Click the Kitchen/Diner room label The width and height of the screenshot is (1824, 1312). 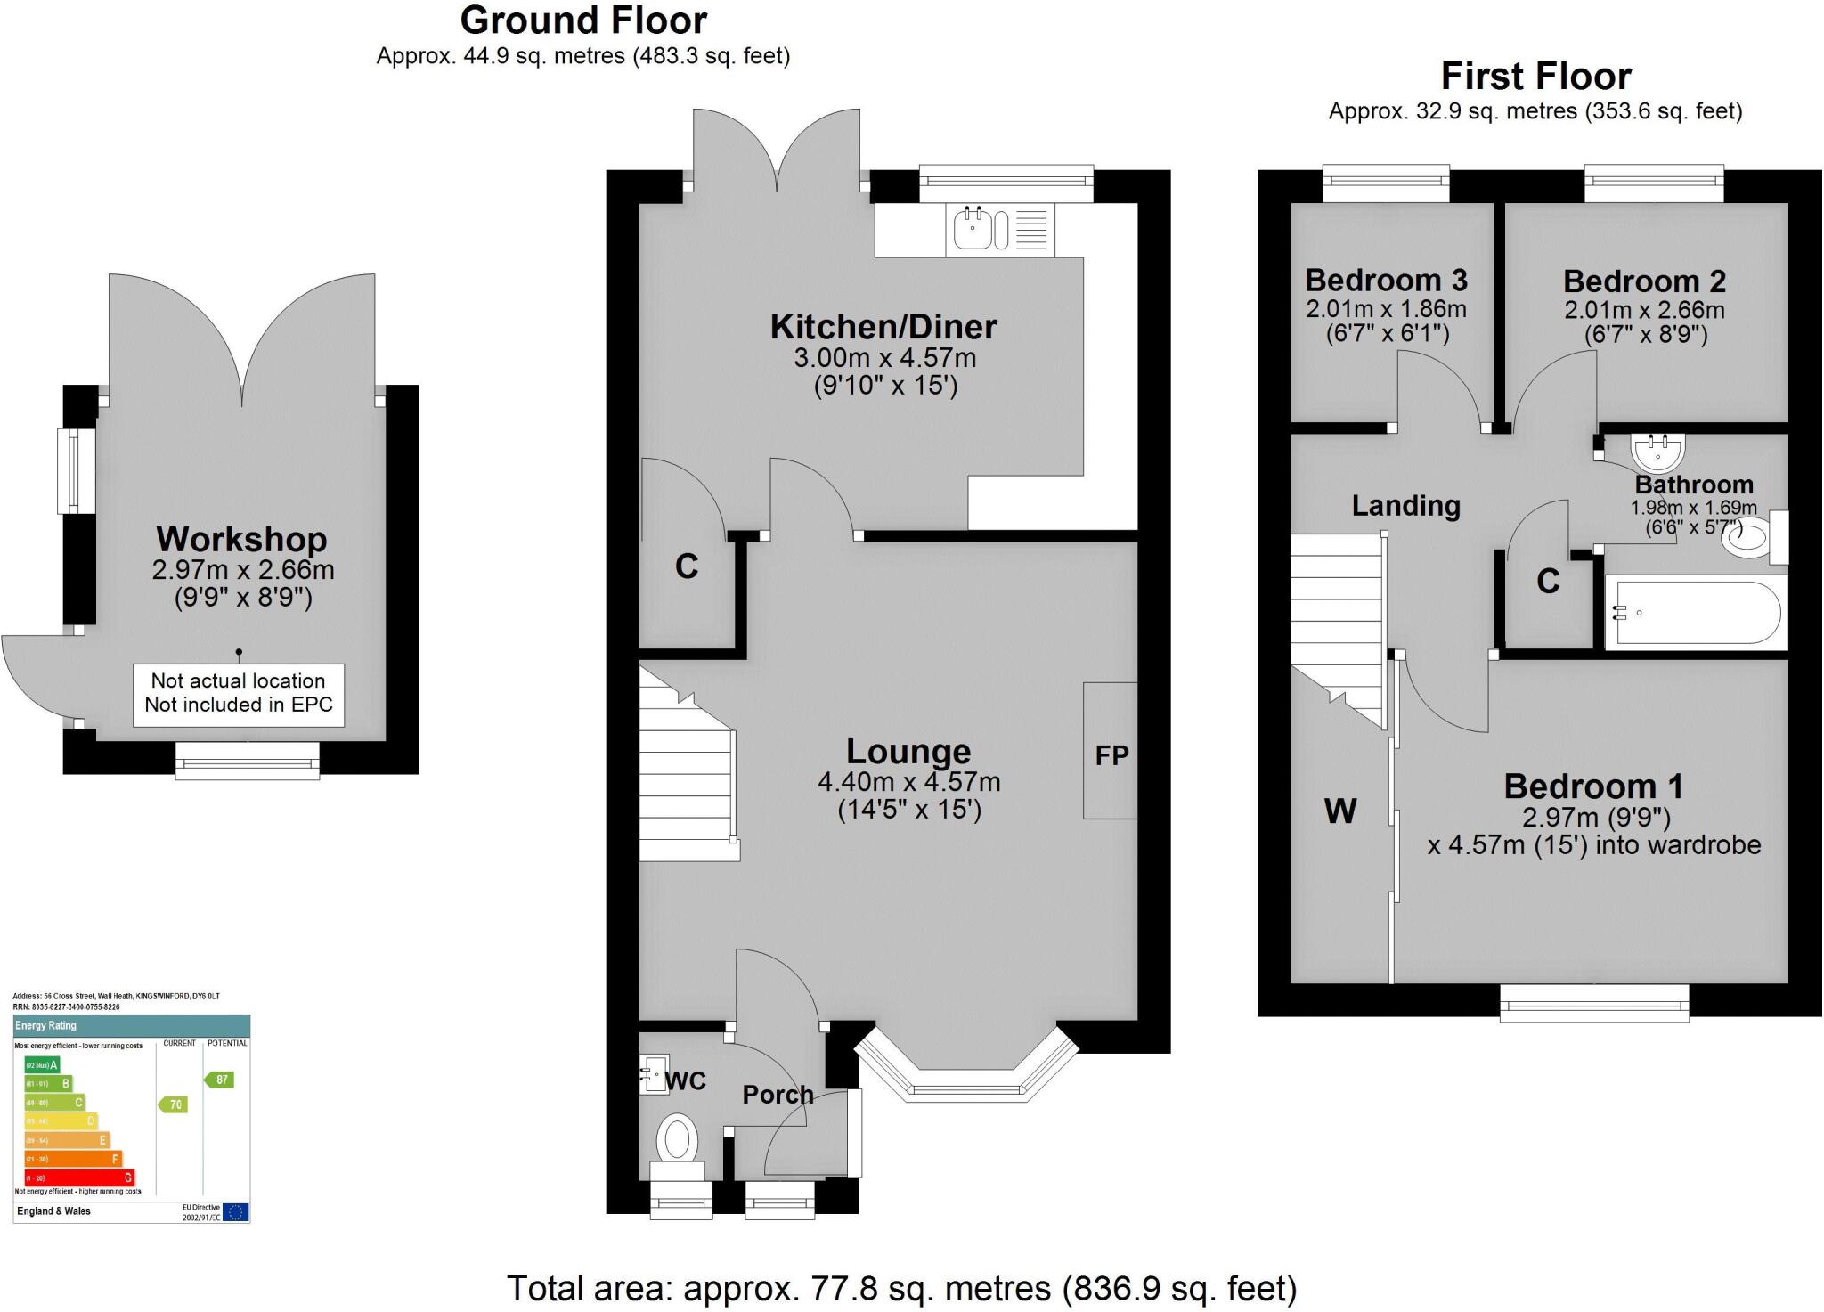pos(883,327)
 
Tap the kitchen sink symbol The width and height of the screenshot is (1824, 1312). pos(973,228)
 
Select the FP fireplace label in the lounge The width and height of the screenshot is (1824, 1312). pos(1111,755)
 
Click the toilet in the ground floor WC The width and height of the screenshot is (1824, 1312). pos(677,1140)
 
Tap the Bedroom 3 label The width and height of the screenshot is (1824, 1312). pos(1386,281)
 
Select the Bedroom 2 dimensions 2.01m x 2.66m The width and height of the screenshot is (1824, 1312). pos(1644,311)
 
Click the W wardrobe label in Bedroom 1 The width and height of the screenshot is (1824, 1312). pos(1340,811)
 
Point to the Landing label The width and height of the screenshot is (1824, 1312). pos(1405,506)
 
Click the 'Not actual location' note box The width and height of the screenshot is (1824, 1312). pos(239,694)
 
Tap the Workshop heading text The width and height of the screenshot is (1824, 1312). pos(241,539)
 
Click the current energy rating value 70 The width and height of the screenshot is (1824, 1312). pos(175,1104)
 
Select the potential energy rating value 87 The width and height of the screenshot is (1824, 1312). pos(221,1080)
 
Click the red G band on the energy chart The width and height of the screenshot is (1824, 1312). pos(80,1178)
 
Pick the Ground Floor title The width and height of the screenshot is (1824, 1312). pos(583,20)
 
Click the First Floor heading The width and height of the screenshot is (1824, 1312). pos(1535,77)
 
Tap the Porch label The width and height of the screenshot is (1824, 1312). pos(778,1095)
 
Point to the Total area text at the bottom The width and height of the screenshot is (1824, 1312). pos(901,1289)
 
